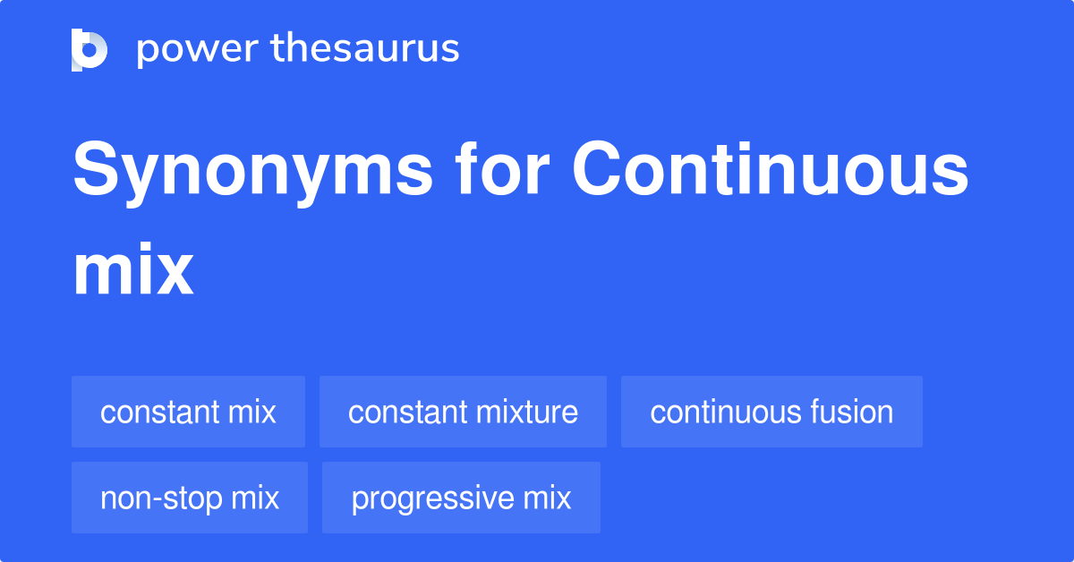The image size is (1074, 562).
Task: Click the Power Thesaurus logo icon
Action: (x=89, y=49)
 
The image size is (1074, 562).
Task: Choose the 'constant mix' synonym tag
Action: (x=188, y=412)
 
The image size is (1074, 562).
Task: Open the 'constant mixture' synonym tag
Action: (x=463, y=412)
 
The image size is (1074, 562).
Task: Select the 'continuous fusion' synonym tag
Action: (x=771, y=412)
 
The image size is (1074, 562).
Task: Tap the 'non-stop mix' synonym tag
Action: (x=190, y=498)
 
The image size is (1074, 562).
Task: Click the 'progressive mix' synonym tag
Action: (x=461, y=498)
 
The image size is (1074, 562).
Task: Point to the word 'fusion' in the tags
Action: (x=851, y=412)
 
